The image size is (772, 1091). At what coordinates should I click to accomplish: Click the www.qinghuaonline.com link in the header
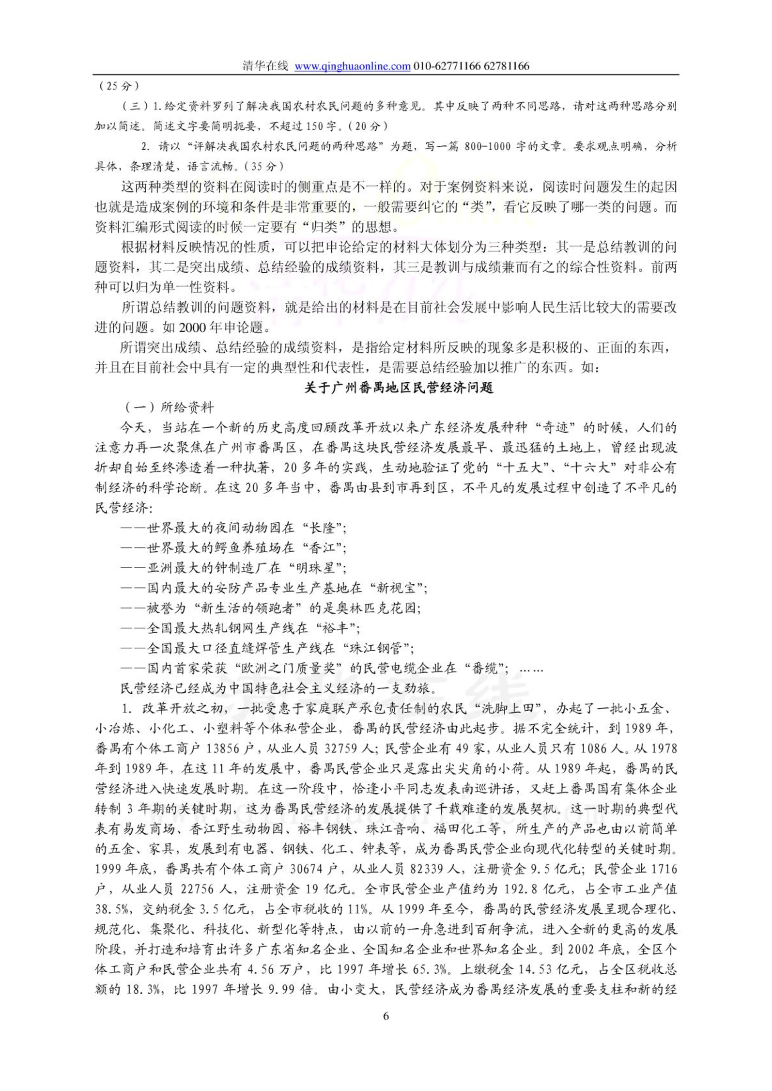352,66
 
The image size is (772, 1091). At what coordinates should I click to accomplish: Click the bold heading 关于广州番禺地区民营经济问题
399,388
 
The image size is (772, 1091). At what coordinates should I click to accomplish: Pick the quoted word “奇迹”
556,428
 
